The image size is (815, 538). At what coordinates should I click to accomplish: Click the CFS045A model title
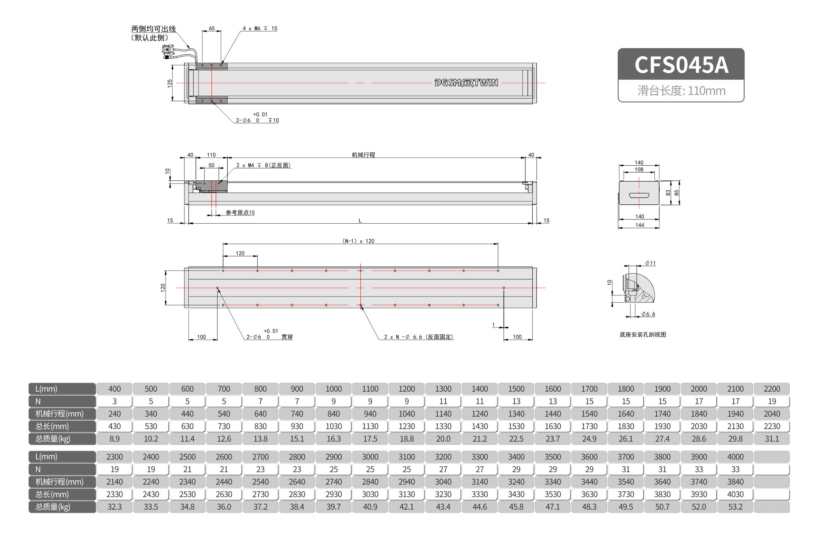[681, 65]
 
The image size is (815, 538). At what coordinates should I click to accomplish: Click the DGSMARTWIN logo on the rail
[466, 83]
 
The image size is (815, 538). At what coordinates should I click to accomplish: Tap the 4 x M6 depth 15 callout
[260, 28]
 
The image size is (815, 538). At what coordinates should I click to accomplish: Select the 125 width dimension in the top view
[169, 83]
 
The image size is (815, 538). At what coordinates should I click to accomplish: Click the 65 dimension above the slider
[211, 28]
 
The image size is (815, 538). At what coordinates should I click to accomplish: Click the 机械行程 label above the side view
[363, 155]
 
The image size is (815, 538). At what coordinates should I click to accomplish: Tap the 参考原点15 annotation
[240, 213]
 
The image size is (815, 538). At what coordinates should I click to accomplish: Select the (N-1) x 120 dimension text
[358, 241]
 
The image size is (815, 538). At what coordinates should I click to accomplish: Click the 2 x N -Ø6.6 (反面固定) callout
[418, 337]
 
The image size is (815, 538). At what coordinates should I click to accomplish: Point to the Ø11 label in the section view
[650, 263]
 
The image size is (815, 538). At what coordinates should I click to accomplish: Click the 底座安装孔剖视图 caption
[643, 334]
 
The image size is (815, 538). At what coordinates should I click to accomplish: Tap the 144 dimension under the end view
[640, 225]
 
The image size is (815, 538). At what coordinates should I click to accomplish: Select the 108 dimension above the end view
[639, 169]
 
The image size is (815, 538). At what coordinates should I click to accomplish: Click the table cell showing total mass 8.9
[114, 439]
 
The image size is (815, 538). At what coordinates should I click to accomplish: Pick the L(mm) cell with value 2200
[771, 389]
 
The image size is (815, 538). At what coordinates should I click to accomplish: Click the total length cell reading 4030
[735, 494]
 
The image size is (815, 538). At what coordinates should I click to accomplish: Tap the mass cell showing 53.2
[735, 507]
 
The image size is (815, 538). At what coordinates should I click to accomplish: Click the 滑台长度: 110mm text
[681, 91]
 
